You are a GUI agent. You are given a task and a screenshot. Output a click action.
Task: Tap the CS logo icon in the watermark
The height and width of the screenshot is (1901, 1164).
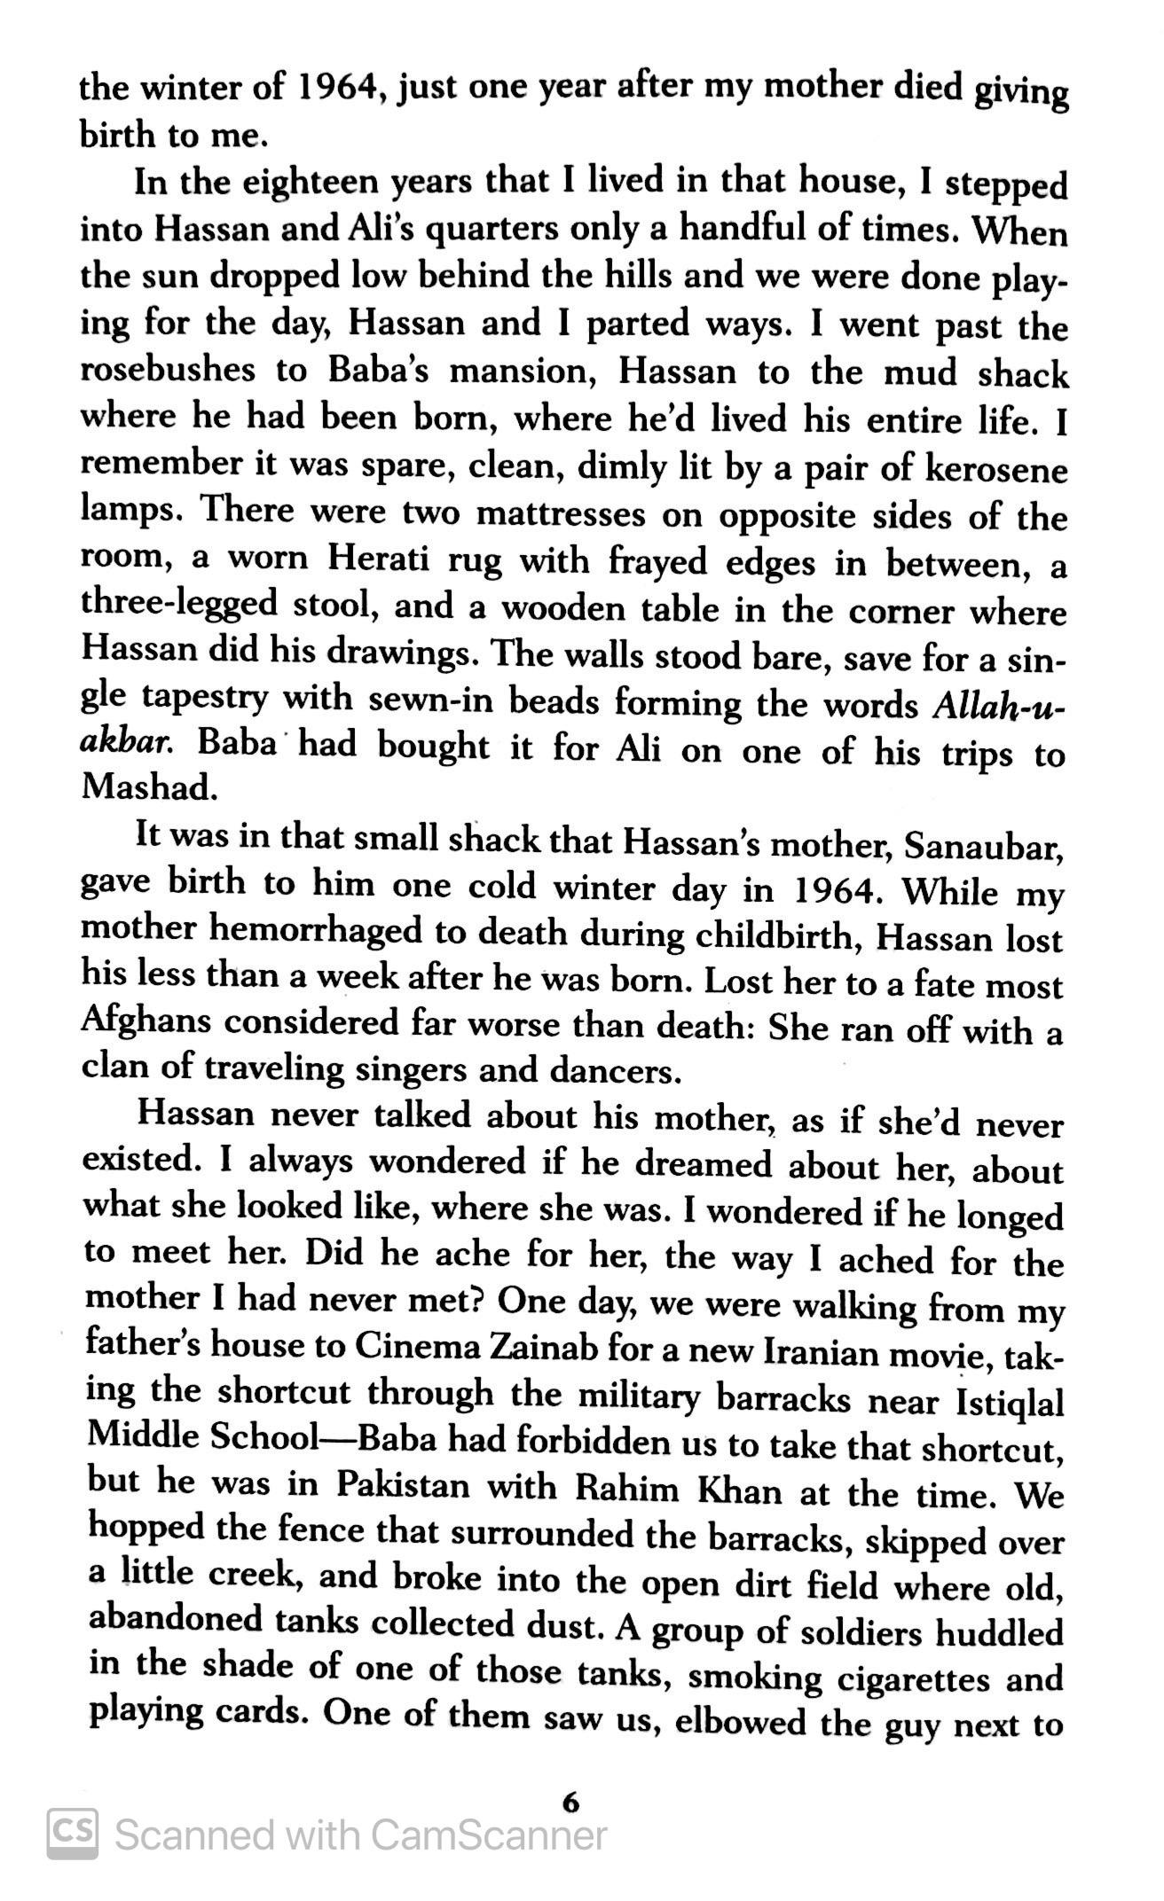73,1832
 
